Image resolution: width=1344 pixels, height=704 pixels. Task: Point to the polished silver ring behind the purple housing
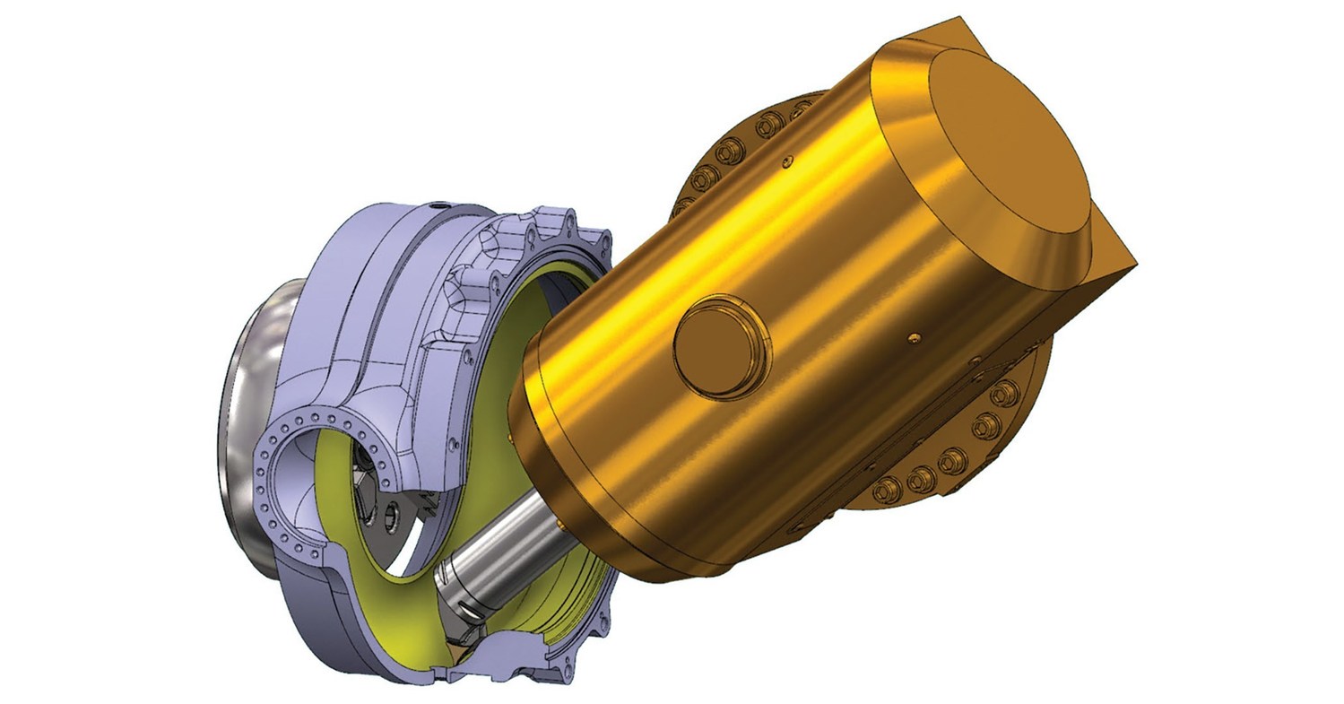pyautogui.click(x=240, y=404)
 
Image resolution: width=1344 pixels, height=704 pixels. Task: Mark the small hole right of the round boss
pyautogui.click(x=914, y=336)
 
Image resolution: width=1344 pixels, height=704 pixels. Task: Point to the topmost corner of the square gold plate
pyautogui.click(x=959, y=18)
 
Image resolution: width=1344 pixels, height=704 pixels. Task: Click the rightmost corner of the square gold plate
pyautogui.click(x=1137, y=265)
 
